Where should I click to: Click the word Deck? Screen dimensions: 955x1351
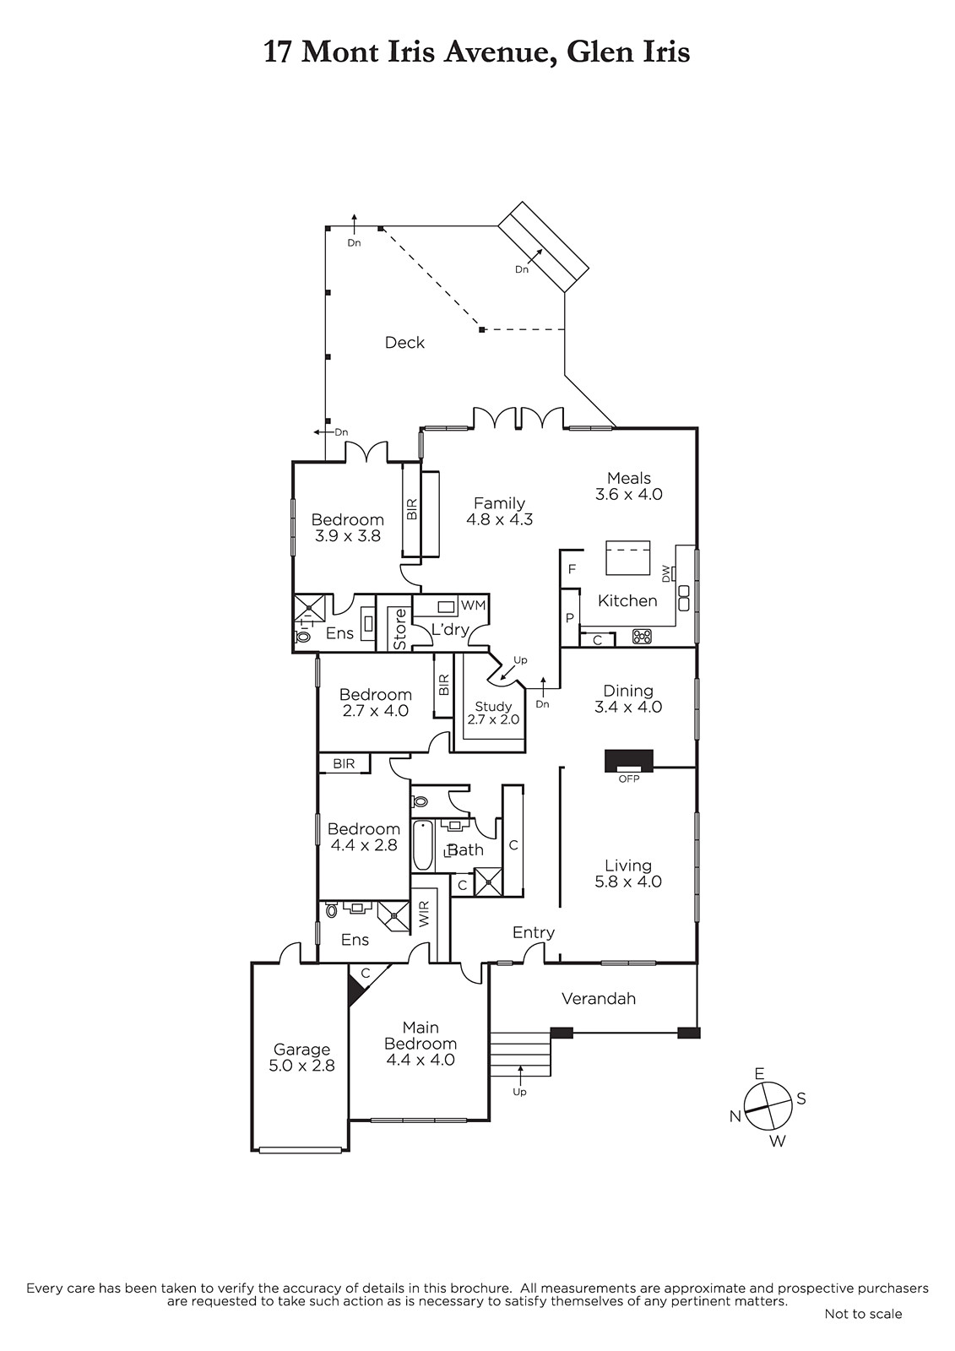[404, 343]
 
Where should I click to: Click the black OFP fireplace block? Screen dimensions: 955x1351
[628, 760]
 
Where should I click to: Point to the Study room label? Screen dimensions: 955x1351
[493, 713]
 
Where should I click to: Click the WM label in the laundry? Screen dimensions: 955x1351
[473, 605]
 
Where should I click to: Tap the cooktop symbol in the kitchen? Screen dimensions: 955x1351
[641, 637]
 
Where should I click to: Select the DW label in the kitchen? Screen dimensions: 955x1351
[666, 572]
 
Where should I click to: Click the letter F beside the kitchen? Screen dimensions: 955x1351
[572, 569]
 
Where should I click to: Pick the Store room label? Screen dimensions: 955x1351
[399, 629]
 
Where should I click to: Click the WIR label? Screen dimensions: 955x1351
[424, 914]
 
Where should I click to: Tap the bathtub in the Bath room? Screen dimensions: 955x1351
[423, 845]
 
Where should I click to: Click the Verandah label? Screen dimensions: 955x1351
[599, 999]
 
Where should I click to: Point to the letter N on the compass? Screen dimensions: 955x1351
[735, 1116]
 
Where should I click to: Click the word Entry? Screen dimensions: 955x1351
[534, 933]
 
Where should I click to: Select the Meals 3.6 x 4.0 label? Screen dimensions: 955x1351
[628, 486]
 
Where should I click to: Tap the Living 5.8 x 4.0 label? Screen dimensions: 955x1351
[628, 873]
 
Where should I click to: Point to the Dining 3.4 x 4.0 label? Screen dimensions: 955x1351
[628, 698]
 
